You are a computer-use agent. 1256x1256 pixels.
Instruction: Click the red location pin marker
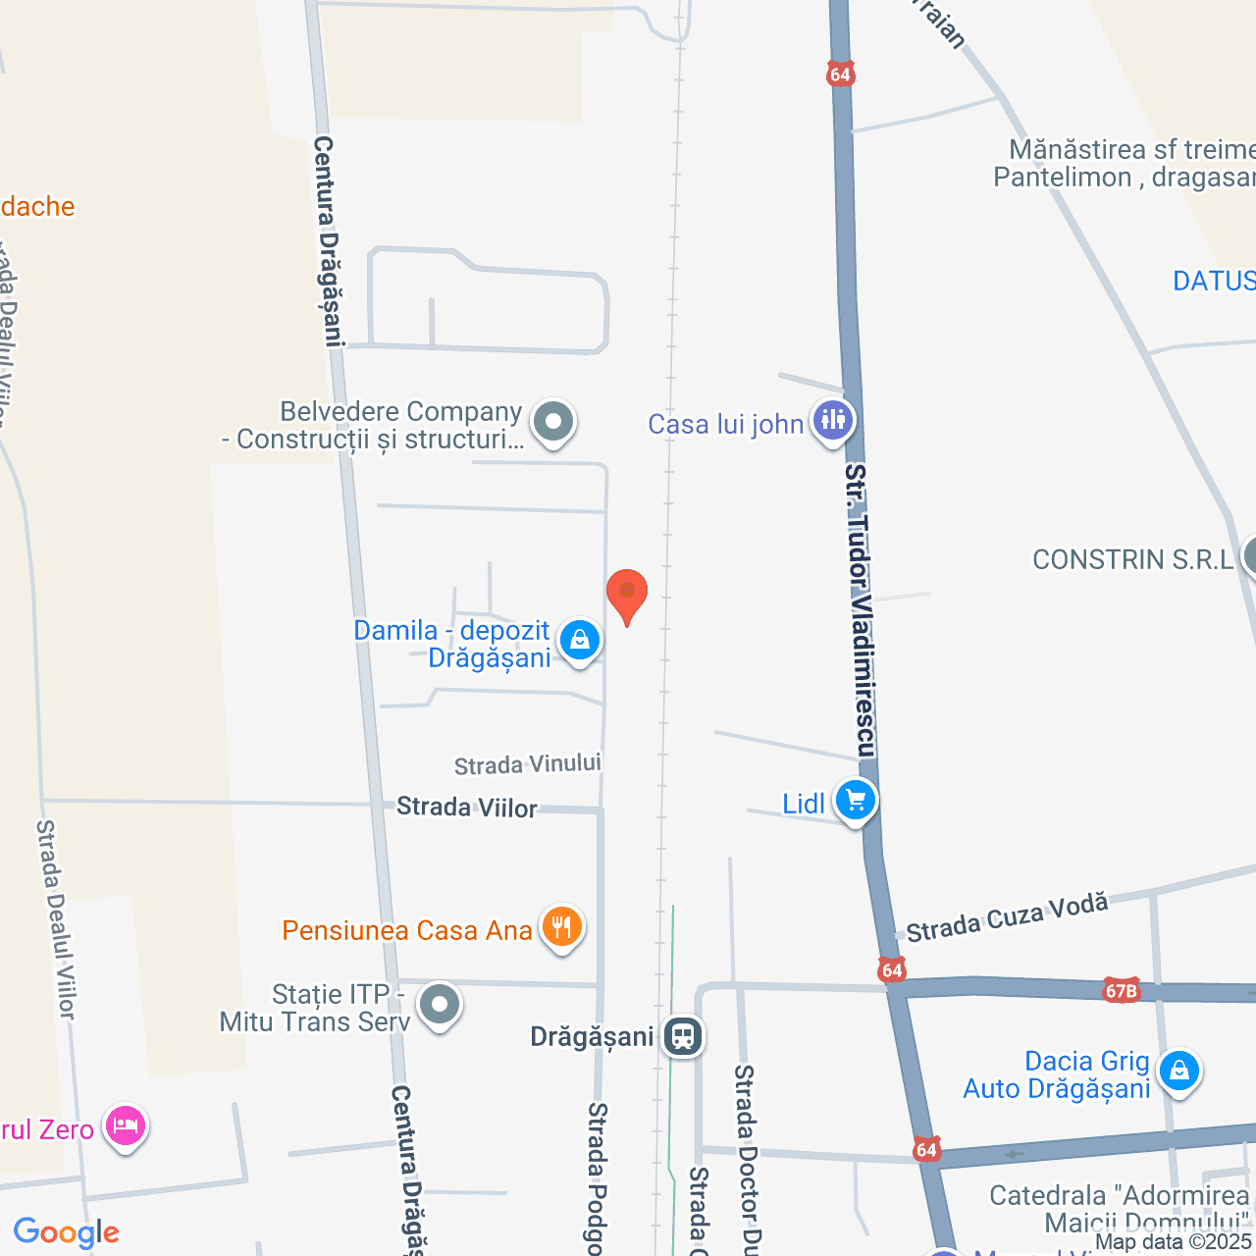click(x=627, y=595)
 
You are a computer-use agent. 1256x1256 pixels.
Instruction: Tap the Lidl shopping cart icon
click(x=856, y=801)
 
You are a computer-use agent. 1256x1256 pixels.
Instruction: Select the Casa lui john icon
click(x=833, y=421)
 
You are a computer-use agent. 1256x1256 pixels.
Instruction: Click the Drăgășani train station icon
click(x=682, y=1036)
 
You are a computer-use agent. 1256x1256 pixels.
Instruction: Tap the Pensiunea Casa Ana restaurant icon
click(x=561, y=926)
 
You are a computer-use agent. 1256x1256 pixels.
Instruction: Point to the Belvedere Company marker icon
click(x=553, y=423)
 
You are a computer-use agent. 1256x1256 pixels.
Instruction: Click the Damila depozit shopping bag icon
click(x=579, y=642)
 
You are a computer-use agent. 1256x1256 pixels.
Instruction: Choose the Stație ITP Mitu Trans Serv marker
click(x=440, y=1005)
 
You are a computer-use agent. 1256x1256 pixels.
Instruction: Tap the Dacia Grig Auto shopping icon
click(x=1178, y=1072)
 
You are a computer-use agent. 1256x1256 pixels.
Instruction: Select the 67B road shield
click(x=1121, y=989)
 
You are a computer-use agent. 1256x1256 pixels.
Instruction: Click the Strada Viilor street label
click(x=467, y=808)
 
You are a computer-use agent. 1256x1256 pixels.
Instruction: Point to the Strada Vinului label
click(x=528, y=764)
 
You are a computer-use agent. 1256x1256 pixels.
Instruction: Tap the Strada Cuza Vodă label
click(x=1007, y=917)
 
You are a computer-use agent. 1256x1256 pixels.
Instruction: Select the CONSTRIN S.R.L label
click(x=1133, y=560)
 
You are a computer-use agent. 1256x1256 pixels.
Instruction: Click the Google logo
click(x=67, y=1232)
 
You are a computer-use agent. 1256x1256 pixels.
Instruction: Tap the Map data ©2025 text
click(x=1174, y=1242)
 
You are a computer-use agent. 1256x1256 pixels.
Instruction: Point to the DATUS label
click(x=1214, y=282)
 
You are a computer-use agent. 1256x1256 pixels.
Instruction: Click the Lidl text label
click(x=804, y=805)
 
